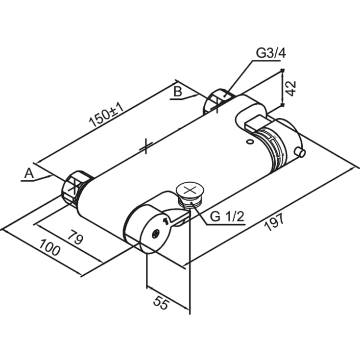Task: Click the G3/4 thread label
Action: pyautogui.click(x=271, y=53)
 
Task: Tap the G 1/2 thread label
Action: pyautogui.click(x=227, y=216)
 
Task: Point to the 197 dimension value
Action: pyautogui.click(x=274, y=222)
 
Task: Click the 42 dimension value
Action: pyautogui.click(x=290, y=88)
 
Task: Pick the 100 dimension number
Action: pyautogui.click(x=50, y=247)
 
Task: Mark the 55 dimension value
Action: pyautogui.click(x=162, y=303)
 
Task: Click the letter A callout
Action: pyautogui.click(x=29, y=173)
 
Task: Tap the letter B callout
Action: pyautogui.click(x=177, y=92)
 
